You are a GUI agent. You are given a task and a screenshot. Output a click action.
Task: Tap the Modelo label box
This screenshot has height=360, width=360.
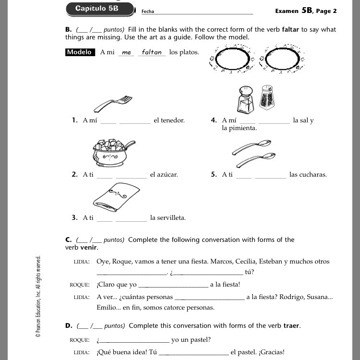[80, 52]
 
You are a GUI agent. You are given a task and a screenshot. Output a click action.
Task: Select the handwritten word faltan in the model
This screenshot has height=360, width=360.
[152, 52]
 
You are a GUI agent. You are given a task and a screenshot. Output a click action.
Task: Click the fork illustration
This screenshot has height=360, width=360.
[113, 103]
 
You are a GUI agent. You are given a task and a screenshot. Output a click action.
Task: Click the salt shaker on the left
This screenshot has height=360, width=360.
[245, 99]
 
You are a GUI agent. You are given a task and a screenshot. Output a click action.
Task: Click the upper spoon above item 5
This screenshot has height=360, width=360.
[252, 146]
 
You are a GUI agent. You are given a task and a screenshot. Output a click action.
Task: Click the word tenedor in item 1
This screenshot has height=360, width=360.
[169, 120]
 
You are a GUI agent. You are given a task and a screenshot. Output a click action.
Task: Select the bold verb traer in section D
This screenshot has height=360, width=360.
[292, 326]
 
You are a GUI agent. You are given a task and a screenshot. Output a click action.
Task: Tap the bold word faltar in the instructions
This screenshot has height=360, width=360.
[290, 30]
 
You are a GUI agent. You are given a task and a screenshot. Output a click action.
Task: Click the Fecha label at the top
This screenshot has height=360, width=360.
[147, 12]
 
